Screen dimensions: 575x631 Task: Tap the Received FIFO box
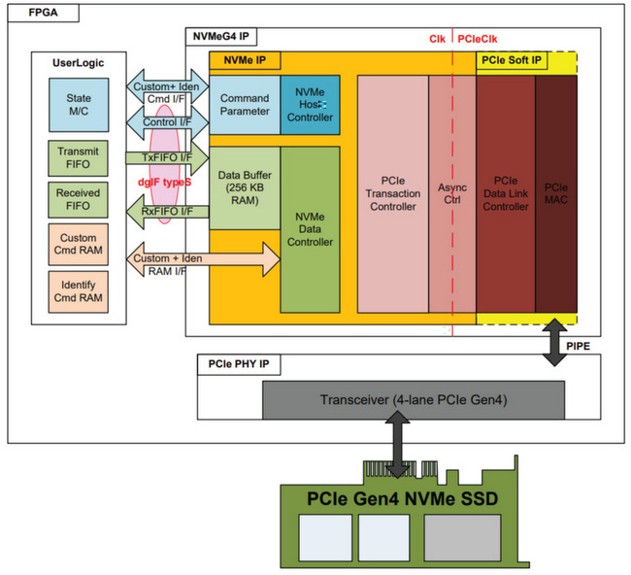click(x=79, y=200)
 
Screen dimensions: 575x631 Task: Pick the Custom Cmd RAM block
click(x=79, y=244)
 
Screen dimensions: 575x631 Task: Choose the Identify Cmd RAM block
click(x=79, y=288)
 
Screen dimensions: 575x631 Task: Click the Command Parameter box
click(x=245, y=105)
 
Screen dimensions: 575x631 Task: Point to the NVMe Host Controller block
click(x=310, y=105)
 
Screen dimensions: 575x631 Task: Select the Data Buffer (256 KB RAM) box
click(x=245, y=186)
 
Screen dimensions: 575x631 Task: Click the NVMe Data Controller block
click(x=310, y=229)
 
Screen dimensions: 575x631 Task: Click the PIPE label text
click(x=577, y=344)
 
